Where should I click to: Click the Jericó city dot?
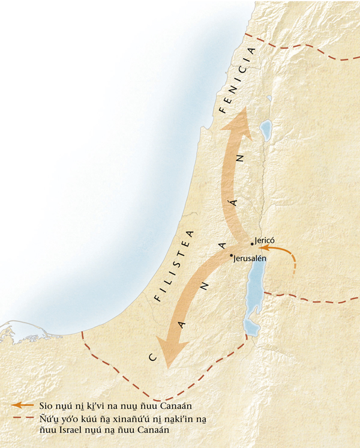click(x=252, y=244)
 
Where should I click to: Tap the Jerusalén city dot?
click(x=232, y=255)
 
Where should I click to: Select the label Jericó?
click(x=265, y=239)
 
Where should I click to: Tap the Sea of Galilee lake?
click(x=265, y=129)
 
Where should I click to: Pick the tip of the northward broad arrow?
click(x=241, y=110)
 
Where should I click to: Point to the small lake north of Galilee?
click(x=270, y=98)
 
